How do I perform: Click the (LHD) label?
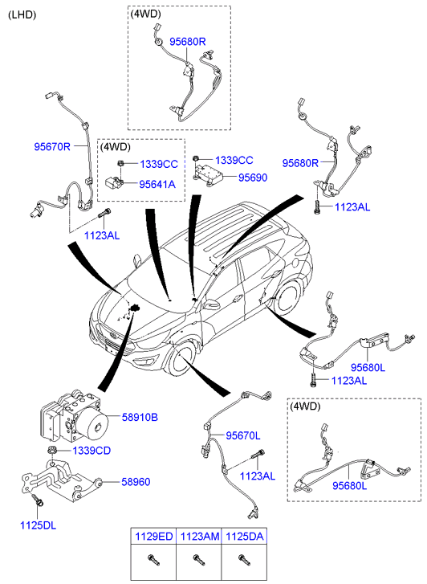[22, 15]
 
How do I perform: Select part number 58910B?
[140, 418]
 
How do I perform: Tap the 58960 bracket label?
[136, 482]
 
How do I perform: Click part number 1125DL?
[38, 525]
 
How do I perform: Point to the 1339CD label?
[91, 451]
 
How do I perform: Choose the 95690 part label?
[253, 178]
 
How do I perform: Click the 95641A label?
[157, 185]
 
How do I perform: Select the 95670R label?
[52, 147]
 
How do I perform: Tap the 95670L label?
[242, 435]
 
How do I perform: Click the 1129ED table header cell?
[154, 537]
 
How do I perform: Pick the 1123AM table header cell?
[199, 537]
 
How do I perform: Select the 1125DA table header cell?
[245, 537]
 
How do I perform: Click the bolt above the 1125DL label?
[37, 500]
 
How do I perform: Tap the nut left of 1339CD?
[52, 450]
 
